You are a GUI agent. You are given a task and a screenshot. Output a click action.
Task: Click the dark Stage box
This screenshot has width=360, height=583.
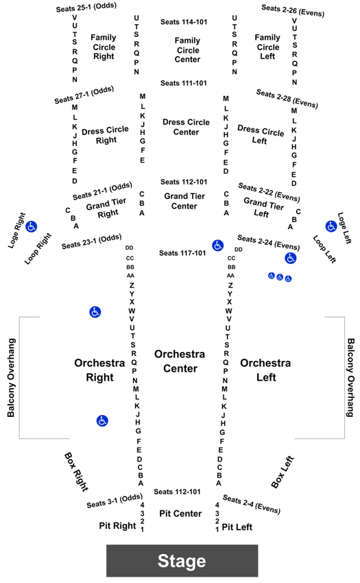pos(182,560)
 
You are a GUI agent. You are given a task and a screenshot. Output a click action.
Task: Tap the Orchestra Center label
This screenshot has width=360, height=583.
pos(180,361)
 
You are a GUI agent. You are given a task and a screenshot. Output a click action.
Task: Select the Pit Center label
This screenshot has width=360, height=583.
pos(180,514)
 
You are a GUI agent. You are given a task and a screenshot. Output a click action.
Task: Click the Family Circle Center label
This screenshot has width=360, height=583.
pos(187,50)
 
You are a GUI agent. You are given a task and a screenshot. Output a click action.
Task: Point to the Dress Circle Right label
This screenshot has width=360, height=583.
pos(105,135)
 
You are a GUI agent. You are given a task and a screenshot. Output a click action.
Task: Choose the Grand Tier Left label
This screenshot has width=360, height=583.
pos(263,207)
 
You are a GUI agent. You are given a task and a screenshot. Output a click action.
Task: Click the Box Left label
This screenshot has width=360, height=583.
pos(283,472)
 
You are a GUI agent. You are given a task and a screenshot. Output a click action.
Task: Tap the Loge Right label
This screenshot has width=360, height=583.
pos(16,230)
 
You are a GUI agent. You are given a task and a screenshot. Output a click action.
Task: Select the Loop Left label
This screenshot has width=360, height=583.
pos(324,249)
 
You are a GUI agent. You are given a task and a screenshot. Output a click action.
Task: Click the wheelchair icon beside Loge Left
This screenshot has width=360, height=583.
pos(331,226)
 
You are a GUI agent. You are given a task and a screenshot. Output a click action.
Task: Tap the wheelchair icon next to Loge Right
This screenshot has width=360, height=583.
pos(32,226)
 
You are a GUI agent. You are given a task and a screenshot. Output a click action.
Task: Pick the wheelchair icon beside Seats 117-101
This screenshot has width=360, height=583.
pos(217,246)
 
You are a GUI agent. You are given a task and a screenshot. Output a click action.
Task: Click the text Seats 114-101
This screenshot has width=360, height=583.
pos(184,22)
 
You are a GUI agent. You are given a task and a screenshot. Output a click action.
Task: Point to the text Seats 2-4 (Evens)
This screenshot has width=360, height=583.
pos(252,504)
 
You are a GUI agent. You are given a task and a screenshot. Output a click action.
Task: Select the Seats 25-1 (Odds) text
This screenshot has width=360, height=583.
pos(86,7)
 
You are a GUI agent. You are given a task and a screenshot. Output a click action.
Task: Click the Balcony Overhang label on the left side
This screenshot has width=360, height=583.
pos(12,378)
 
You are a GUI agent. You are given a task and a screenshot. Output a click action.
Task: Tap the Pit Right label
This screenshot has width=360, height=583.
pos(117,526)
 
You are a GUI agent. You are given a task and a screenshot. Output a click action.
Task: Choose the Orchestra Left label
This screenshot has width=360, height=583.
pos(265,370)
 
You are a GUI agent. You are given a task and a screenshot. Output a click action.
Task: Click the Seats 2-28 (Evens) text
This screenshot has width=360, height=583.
pos(287,99)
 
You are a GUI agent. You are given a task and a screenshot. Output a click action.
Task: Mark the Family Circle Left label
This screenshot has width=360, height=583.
pos(267,47)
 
